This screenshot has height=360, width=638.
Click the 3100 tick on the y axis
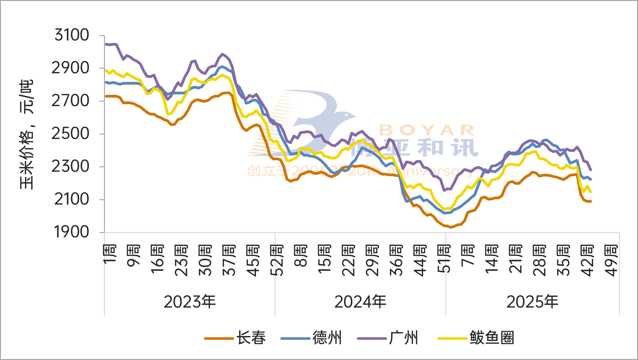[x=72, y=35]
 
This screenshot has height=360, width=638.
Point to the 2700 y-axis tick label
[x=70, y=101]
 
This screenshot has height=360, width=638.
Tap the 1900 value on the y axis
[x=72, y=232]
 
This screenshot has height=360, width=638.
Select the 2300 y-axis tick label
[x=70, y=166]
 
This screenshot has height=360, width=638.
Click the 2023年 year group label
[x=190, y=302]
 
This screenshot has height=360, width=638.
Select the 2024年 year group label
[x=360, y=302]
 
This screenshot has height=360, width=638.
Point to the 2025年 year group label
[x=532, y=302]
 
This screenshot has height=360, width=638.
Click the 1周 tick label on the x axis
[x=110, y=254]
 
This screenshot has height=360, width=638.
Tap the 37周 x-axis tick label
[x=229, y=260]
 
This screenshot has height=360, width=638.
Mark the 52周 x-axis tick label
[x=277, y=260]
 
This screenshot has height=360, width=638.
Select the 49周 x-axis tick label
[x=611, y=260]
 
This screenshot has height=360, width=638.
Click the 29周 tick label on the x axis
[x=372, y=260]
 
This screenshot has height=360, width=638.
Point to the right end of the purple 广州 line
[x=591, y=170]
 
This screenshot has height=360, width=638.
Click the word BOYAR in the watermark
[x=427, y=130]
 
